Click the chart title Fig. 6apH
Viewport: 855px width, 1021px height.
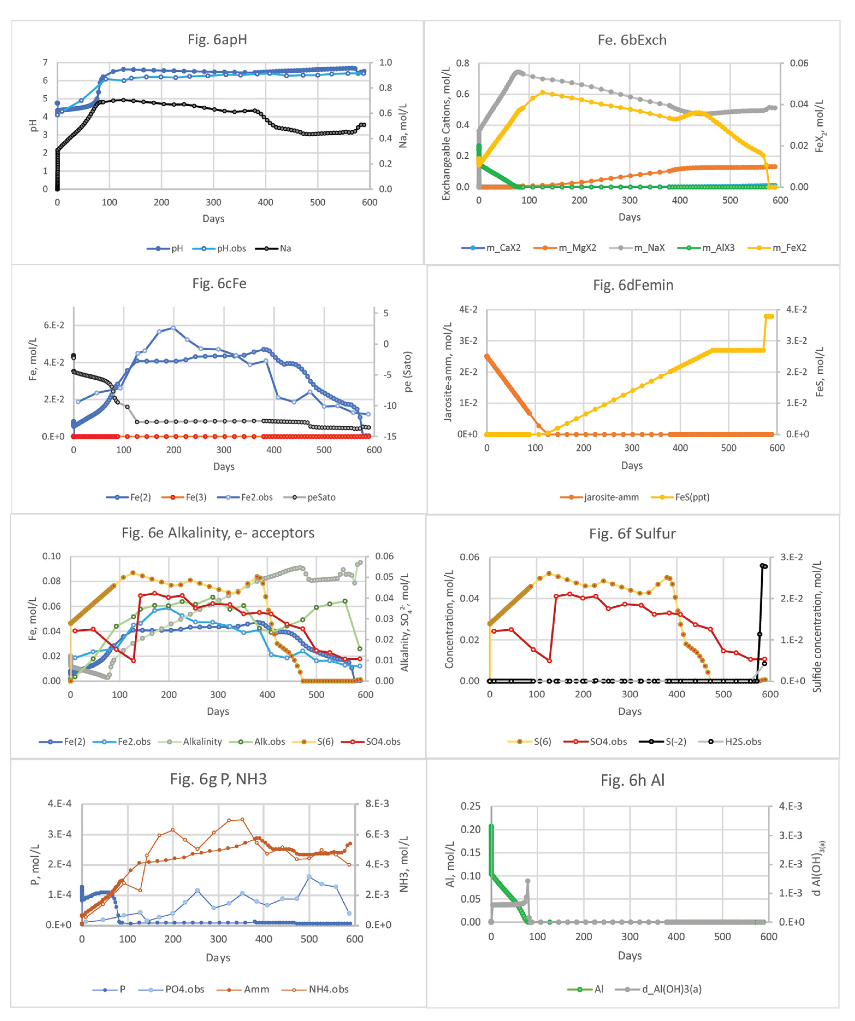coord(217,39)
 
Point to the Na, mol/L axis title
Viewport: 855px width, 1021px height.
coord(403,125)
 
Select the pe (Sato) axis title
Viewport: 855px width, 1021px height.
coord(407,371)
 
